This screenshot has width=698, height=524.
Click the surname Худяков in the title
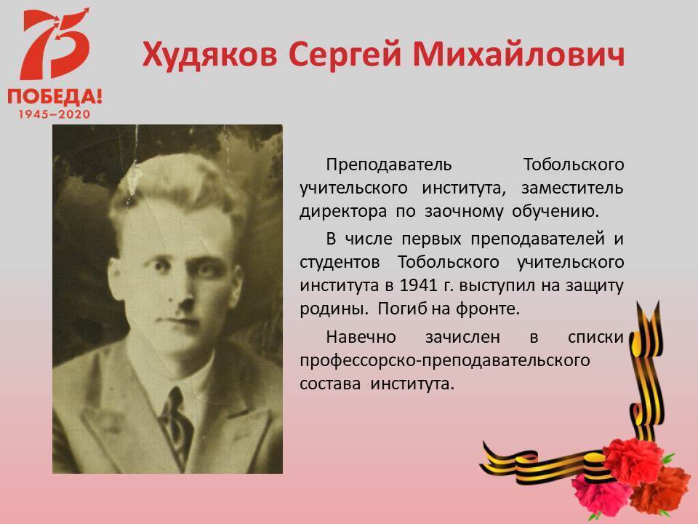209,55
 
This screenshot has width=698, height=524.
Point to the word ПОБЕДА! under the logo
55,96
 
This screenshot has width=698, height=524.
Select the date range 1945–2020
55,114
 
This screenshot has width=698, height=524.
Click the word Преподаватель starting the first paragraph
388,165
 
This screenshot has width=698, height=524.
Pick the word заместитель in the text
572,188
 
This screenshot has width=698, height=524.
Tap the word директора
343,212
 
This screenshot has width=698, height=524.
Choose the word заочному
463,212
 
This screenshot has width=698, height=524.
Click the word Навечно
361,337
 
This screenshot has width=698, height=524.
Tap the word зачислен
462,337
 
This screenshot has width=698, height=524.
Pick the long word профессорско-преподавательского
445,360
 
